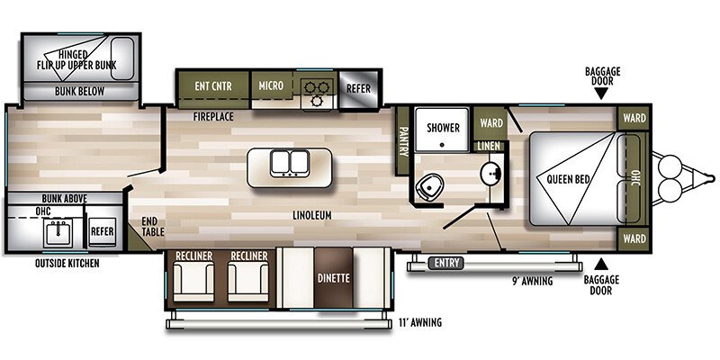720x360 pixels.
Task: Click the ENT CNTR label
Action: coord(211,85)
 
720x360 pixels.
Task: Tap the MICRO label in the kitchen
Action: coord(271,85)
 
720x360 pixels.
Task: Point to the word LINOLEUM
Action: coord(312,216)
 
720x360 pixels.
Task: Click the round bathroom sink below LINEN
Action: coord(490,173)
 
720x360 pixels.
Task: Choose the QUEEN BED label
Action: coord(569,180)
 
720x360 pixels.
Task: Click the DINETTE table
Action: coord(336,278)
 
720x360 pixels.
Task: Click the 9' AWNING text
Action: coord(532,280)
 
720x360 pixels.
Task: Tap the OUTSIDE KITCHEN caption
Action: coord(67,264)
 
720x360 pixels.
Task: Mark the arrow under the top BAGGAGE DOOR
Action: coord(602,93)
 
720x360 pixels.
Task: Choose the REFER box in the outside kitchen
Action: coord(102,232)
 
